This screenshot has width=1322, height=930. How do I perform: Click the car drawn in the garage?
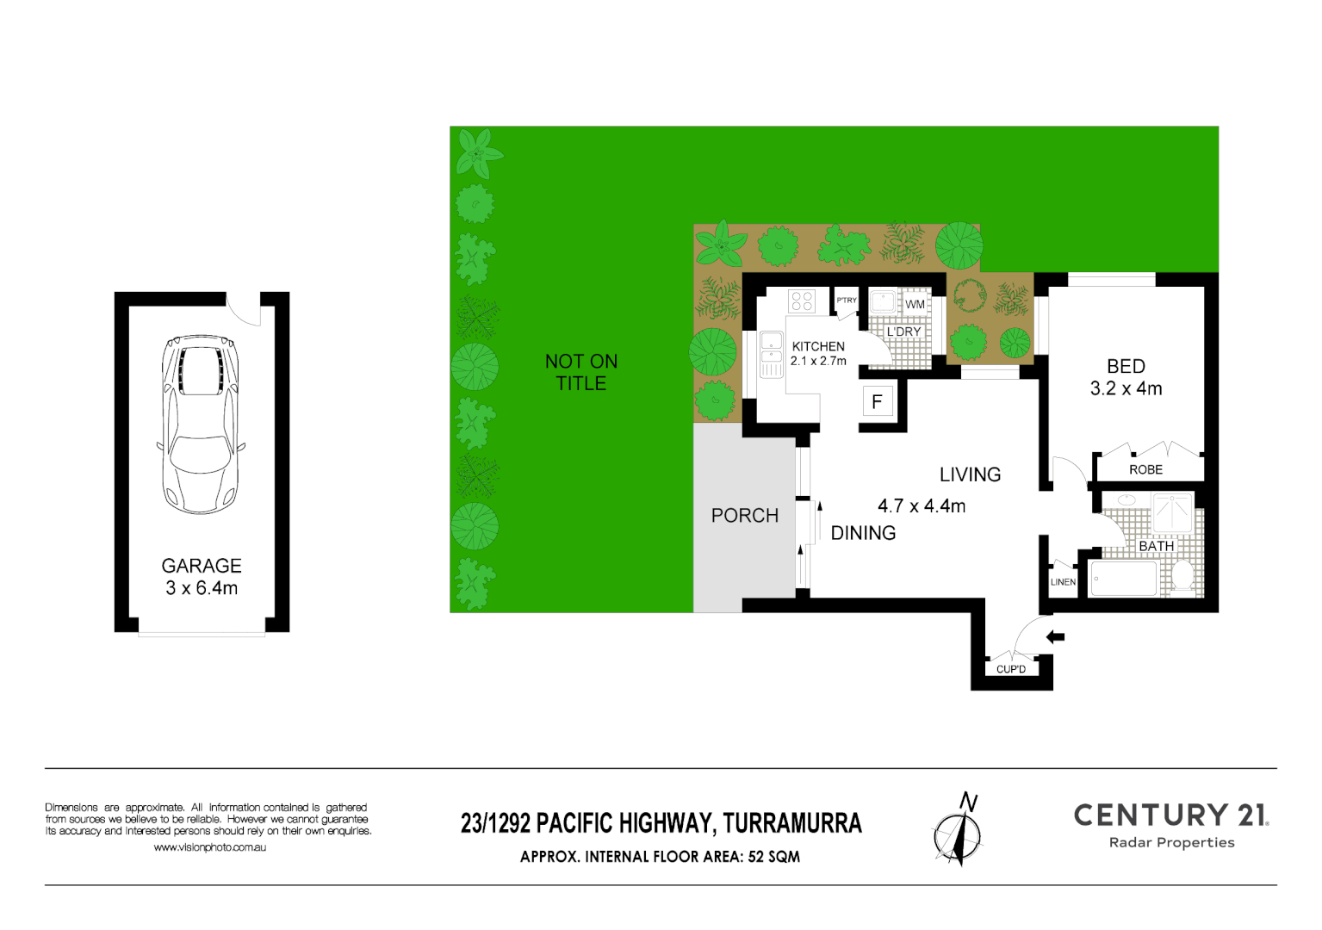201,424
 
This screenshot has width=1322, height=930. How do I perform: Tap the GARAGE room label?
202,567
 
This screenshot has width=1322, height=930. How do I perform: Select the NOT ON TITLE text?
581,372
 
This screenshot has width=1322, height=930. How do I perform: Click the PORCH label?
745,516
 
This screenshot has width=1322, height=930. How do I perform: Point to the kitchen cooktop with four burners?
802,301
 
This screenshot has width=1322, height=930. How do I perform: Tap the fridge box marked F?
877,401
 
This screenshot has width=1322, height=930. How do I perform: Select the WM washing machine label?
915,304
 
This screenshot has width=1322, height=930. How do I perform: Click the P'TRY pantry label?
847,301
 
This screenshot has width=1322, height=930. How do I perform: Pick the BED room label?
1126,367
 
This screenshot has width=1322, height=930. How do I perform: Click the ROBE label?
1145,469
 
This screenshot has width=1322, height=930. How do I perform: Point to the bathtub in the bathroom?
1124,578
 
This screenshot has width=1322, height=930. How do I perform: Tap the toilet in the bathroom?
1182,575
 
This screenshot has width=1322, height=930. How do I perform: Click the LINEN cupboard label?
1063,582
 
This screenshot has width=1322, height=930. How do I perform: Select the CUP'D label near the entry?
1011,669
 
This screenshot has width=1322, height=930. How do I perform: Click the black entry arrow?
1055,637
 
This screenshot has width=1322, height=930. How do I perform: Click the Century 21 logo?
1171,825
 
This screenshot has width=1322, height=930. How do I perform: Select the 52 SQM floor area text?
774,857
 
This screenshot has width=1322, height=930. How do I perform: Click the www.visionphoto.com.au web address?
209,847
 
